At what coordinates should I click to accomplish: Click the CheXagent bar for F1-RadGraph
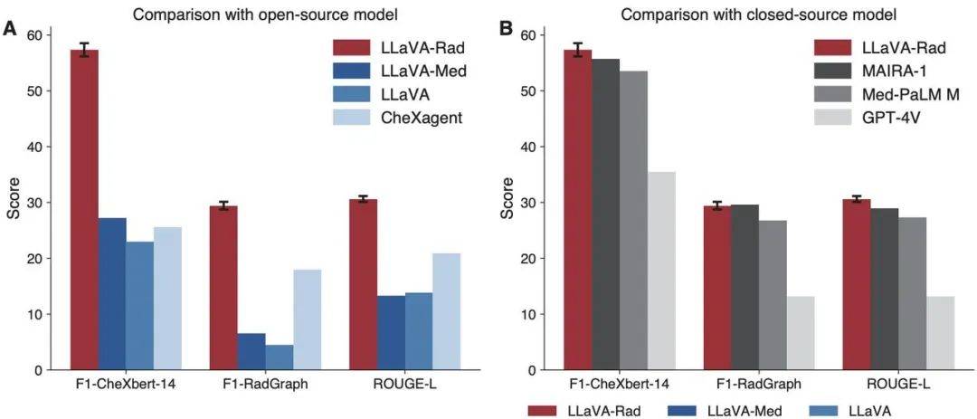tap(307, 319)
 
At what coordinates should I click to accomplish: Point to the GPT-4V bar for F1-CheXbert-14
tap(661, 271)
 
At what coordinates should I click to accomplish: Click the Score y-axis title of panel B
tap(507, 203)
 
